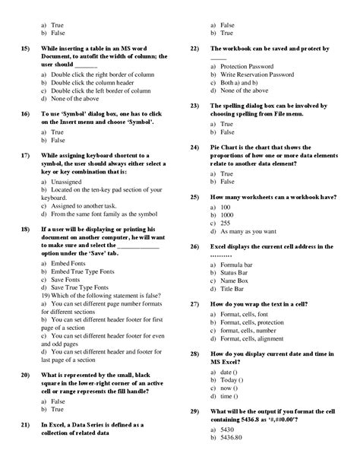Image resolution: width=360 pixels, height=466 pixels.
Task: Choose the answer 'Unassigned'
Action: [68, 182]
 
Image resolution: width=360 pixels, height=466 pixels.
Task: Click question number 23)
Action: [194, 106]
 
